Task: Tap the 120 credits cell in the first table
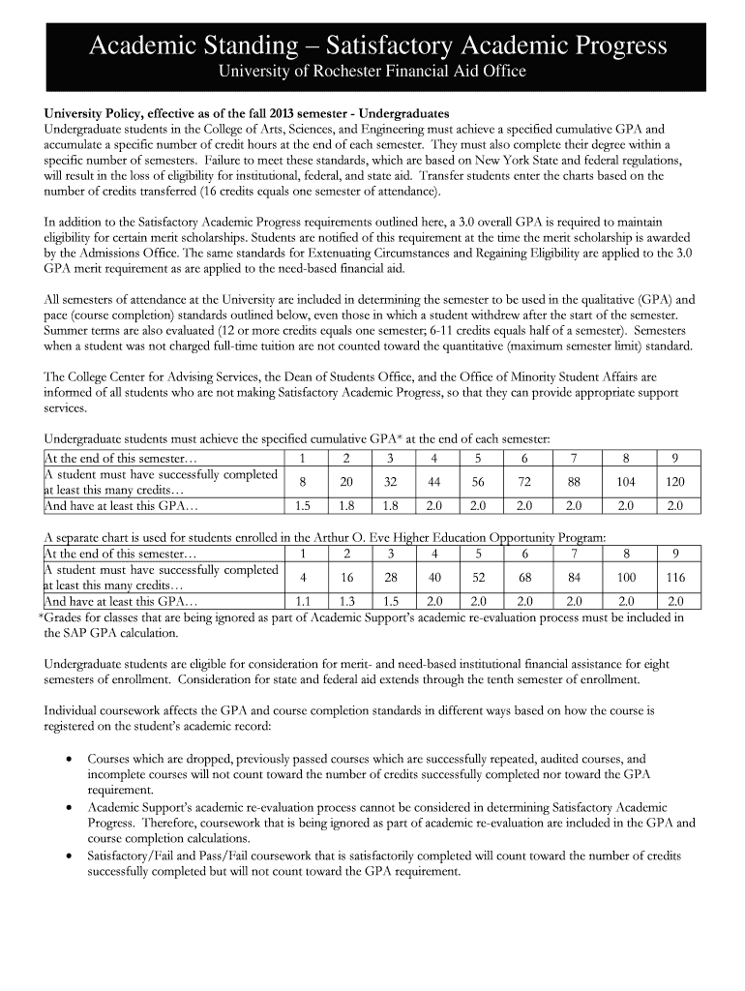675,481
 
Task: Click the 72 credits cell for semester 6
524,481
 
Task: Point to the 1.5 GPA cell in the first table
303,505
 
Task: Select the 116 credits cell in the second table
675,578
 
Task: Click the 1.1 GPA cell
303,601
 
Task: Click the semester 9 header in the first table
675,457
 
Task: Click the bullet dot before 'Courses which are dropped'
70,760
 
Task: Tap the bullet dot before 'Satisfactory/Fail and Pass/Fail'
70,856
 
